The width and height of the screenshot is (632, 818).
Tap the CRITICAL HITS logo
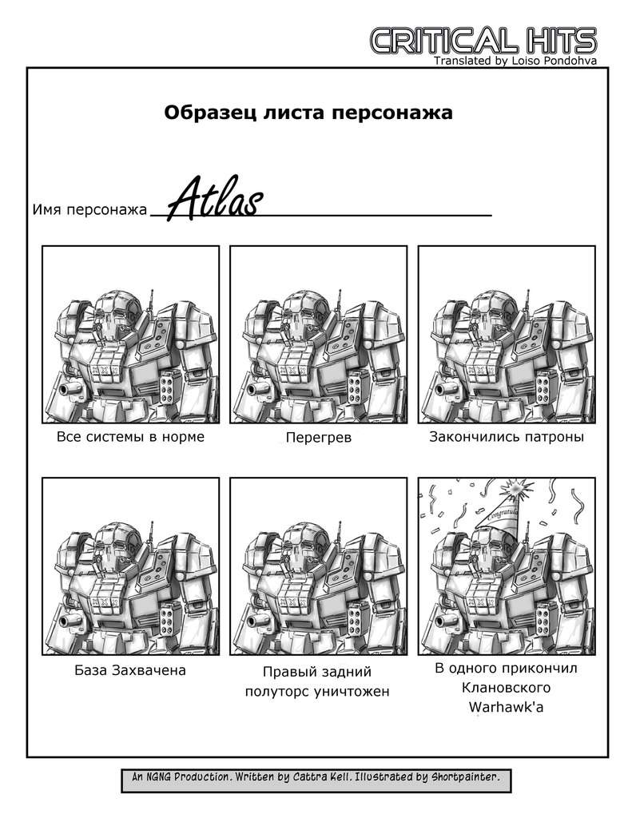click(x=483, y=40)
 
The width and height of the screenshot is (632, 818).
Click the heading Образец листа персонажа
click(x=308, y=112)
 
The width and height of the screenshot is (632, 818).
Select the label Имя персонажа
click(x=89, y=210)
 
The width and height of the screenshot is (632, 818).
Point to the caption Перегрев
click(x=318, y=437)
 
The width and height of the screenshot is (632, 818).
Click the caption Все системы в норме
click(x=130, y=437)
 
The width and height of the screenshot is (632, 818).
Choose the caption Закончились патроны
click(x=507, y=437)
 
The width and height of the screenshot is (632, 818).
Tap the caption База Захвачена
click(x=130, y=670)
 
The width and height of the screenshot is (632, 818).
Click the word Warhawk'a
click(x=506, y=707)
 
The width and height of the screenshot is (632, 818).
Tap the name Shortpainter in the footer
click(x=465, y=776)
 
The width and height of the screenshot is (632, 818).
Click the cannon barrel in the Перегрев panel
click(x=257, y=390)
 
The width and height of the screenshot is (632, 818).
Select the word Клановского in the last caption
click(x=506, y=688)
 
